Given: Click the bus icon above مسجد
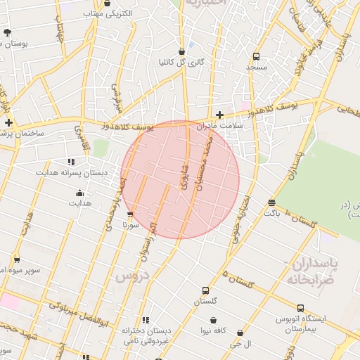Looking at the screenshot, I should click(x=255, y=56).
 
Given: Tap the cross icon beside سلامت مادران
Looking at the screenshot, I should click(x=220, y=115).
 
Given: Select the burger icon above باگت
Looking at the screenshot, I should click(x=271, y=203).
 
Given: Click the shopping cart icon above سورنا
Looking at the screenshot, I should click(x=129, y=215).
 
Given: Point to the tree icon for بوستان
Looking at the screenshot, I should click(x=7, y=32).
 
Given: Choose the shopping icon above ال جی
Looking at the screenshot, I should click(x=240, y=333).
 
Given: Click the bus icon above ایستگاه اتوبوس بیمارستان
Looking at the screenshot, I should click(x=301, y=309).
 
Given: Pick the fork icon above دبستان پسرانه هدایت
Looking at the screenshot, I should click(x=71, y=161).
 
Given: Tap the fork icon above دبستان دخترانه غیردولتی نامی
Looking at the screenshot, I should click(x=146, y=320).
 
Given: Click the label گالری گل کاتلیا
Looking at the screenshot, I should click(x=182, y=62).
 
